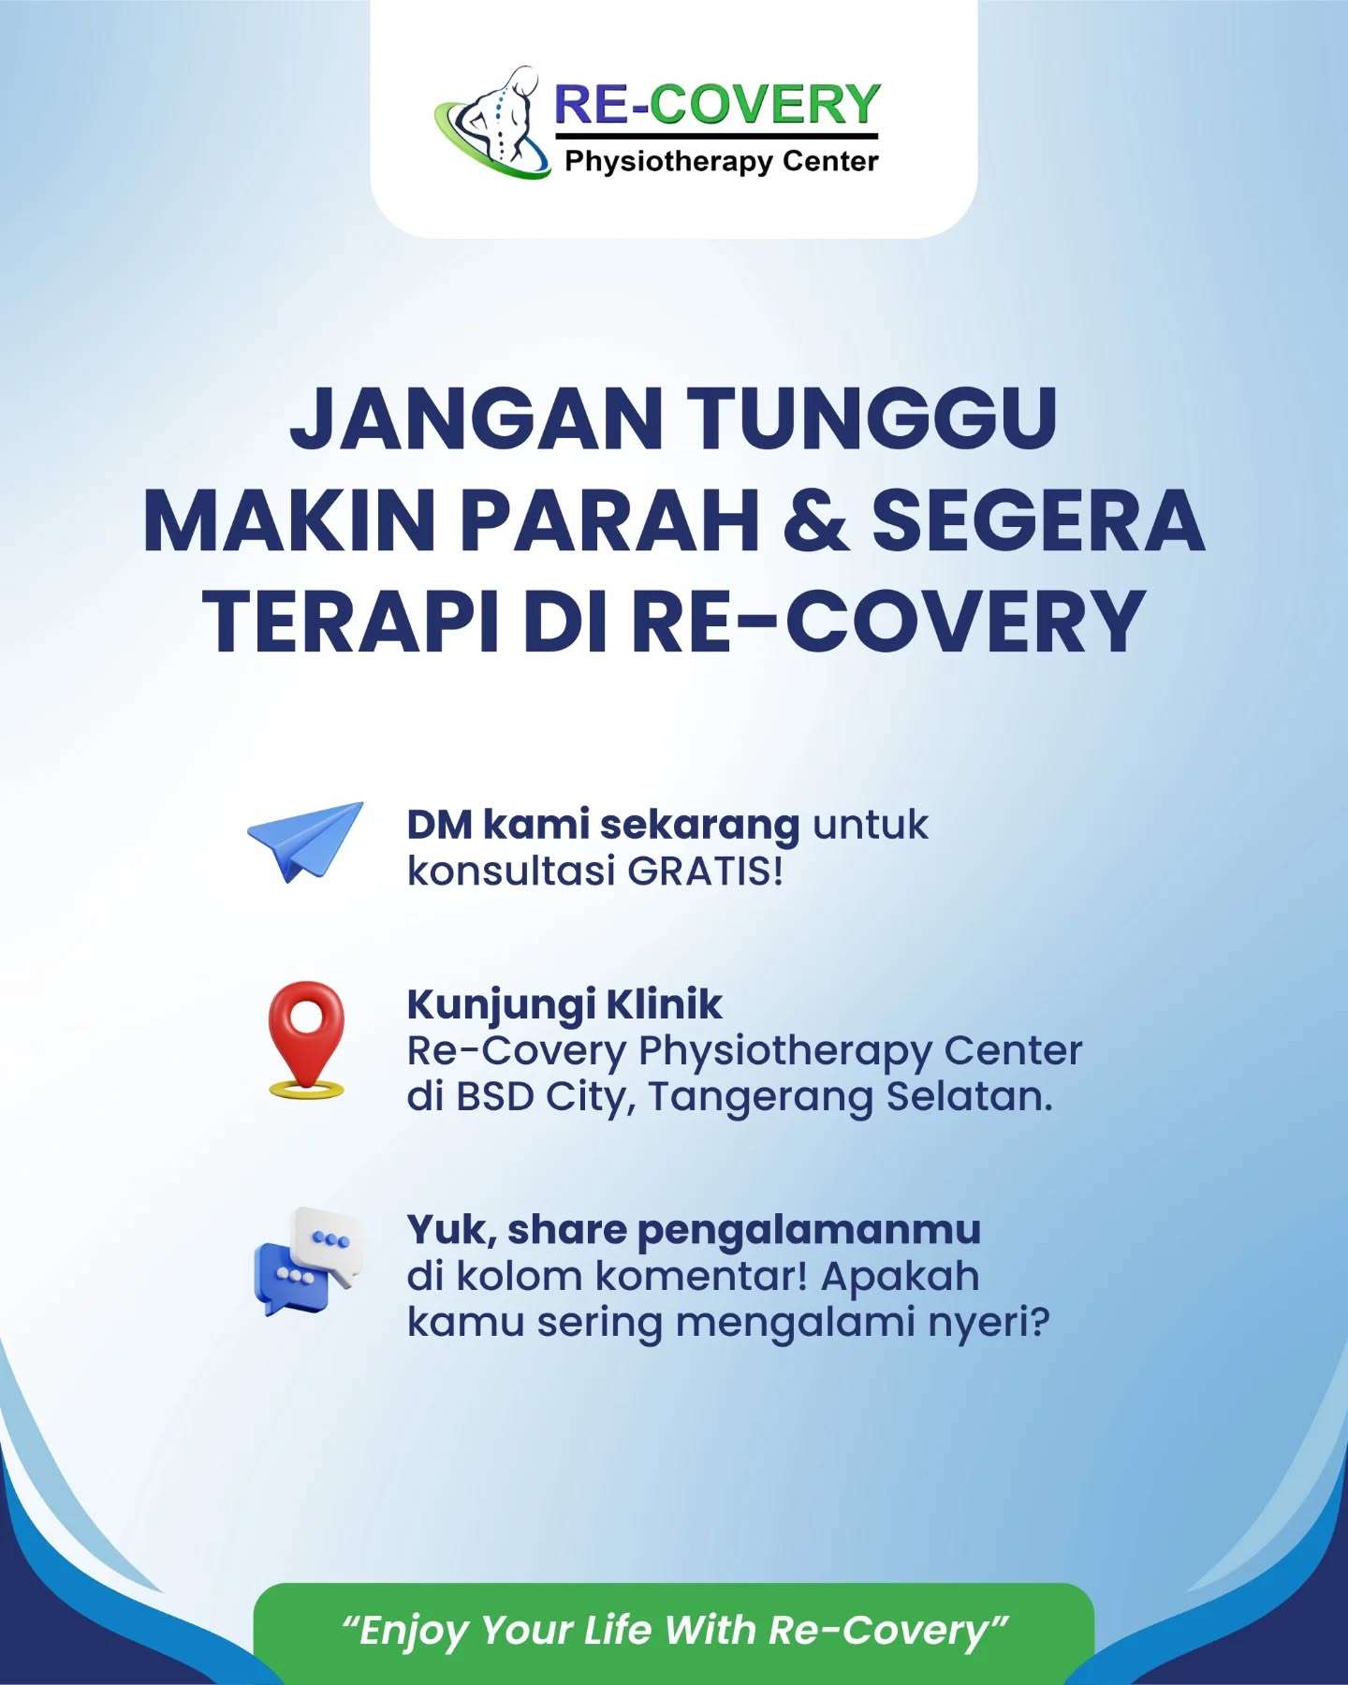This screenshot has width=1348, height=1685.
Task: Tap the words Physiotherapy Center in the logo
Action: click(722, 162)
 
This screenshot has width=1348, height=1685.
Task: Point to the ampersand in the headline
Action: click(816, 520)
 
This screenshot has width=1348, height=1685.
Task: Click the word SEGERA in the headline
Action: click(1038, 520)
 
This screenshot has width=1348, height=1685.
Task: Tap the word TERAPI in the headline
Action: click(352, 623)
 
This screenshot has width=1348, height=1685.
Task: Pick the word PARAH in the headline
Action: click(609, 520)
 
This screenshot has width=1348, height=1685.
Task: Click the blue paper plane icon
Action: click(305, 841)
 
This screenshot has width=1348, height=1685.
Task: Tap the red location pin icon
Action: click(306, 1038)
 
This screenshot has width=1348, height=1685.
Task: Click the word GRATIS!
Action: click(704, 872)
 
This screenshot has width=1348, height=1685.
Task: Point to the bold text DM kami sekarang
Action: click(603, 825)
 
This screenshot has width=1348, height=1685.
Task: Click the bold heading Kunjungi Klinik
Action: click(564, 1005)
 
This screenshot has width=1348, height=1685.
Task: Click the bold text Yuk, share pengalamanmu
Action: click(694, 1231)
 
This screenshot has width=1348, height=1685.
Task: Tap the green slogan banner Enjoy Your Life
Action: click(674, 1630)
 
